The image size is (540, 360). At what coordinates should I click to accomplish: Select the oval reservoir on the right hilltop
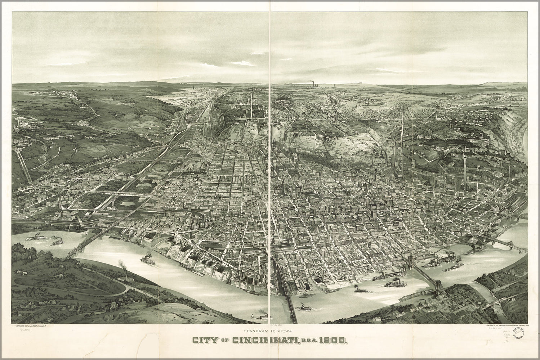click(476, 140)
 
